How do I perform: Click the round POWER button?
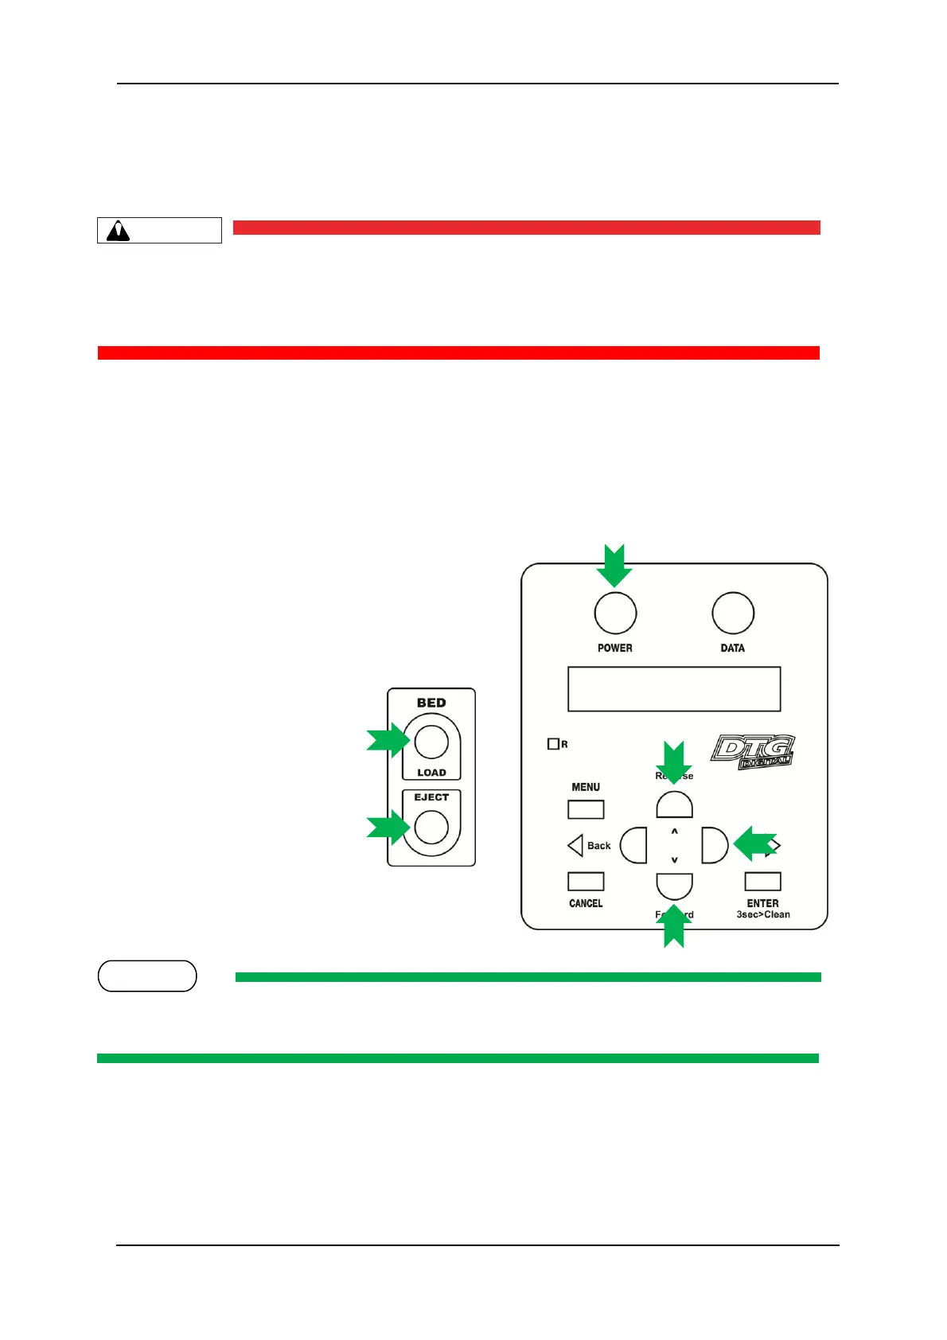(615, 614)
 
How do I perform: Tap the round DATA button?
(732, 614)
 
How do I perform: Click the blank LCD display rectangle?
(673, 689)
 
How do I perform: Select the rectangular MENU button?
(586, 809)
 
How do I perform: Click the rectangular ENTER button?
(762, 882)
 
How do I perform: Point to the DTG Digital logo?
(752, 752)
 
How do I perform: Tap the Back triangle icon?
(575, 845)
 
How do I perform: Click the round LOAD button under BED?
(431, 742)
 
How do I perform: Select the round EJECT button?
(431, 827)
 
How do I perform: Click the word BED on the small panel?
(431, 703)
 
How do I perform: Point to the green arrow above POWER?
(614, 564)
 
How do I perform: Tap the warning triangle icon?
(119, 231)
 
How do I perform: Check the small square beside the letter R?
(553, 744)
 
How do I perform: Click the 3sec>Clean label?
(762, 915)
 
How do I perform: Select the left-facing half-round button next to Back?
(634, 845)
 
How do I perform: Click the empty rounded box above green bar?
(147, 976)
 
